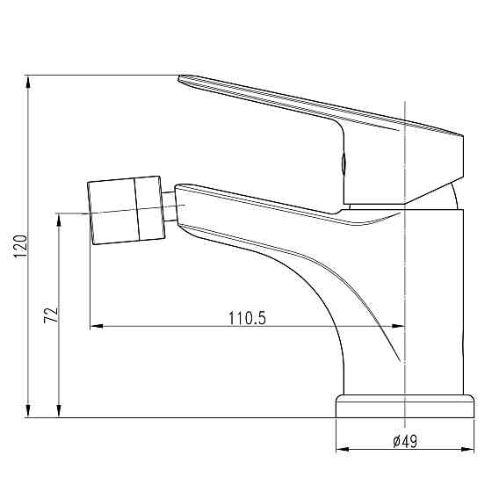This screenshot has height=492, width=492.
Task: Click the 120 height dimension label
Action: pyautogui.click(x=21, y=246)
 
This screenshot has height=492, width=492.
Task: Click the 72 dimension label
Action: pyautogui.click(x=51, y=315)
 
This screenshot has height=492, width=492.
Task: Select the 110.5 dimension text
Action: pyautogui.click(x=247, y=318)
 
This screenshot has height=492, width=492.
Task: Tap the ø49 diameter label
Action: pyautogui.click(x=405, y=441)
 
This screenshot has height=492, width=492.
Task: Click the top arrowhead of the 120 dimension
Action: pyautogui.click(x=28, y=83)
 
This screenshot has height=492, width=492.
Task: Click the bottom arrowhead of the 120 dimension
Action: pyautogui.click(x=28, y=410)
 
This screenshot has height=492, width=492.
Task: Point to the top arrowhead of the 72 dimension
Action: pyautogui.click(x=59, y=220)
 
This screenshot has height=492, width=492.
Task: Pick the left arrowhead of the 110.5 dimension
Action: pyautogui.click(x=97, y=326)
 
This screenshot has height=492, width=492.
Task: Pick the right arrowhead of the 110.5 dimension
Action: pyautogui.click(x=399, y=326)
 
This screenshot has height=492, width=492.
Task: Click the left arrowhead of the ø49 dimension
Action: pyautogui.click(x=343, y=449)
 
